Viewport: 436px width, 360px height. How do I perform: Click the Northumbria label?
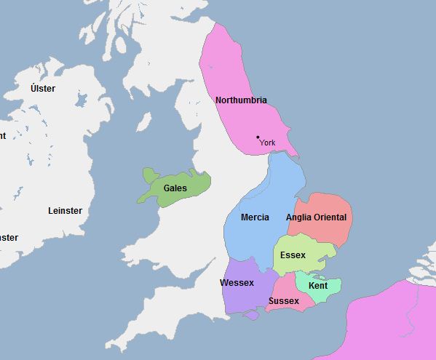241,100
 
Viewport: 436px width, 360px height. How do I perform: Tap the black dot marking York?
258,137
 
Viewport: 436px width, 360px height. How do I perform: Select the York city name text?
268,143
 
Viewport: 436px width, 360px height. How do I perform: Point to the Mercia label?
255,217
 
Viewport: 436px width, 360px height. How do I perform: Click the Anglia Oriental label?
317,217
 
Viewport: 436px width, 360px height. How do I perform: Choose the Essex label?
293,255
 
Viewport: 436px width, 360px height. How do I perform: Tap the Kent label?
318,286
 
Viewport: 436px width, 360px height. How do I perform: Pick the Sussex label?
283,301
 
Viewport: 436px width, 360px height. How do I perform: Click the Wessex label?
237,283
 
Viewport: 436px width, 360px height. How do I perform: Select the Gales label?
175,188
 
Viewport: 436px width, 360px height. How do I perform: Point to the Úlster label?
43,89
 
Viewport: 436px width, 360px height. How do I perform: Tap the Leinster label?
65,211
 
